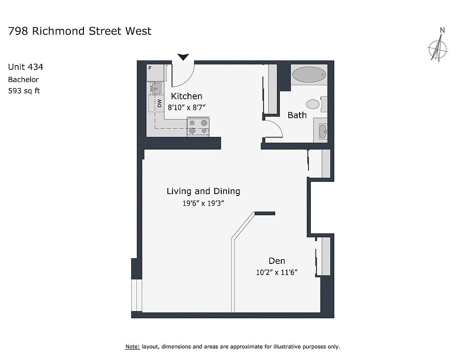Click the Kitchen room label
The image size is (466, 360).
click(x=186, y=96)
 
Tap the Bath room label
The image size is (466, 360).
click(x=297, y=115)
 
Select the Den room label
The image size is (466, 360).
click(x=277, y=261)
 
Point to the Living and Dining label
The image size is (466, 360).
click(x=203, y=191)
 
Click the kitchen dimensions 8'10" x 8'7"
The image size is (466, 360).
click(x=187, y=107)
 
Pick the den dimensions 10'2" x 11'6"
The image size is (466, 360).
click(x=277, y=272)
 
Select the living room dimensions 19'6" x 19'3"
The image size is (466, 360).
click(x=203, y=203)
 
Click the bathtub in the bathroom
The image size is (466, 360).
click(x=309, y=75)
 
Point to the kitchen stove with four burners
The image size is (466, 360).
click(x=198, y=127)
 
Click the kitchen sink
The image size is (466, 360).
click(x=156, y=88)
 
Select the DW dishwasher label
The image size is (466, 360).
click(x=159, y=103)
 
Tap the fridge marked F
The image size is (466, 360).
click(x=155, y=72)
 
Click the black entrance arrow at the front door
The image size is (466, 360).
click(x=183, y=57)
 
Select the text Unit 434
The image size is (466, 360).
click(x=26, y=67)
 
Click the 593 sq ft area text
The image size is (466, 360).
click(x=24, y=90)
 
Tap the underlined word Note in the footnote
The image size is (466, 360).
click(x=132, y=346)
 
